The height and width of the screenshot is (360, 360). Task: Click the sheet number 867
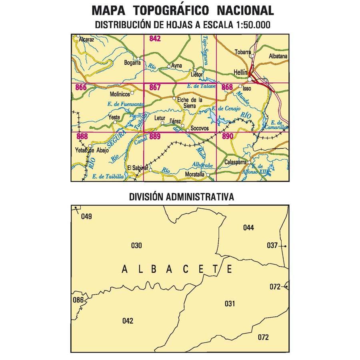(155, 87)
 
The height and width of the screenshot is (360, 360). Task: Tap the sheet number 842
(155, 39)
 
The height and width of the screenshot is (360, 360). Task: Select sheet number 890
(227, 136)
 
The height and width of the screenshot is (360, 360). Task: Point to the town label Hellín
(240, 73)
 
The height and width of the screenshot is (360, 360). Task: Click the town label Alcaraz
(86, 40)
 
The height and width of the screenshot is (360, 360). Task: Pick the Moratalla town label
(195, 175)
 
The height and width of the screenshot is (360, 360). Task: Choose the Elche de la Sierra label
(189, 103)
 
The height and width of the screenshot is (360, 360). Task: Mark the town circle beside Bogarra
(138, 59)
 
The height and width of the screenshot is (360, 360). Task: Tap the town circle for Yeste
(115, 122)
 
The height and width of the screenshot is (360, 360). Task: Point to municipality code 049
(86, 217)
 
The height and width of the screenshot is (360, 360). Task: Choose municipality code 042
(128, 320)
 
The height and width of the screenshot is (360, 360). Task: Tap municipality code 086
(78, 300)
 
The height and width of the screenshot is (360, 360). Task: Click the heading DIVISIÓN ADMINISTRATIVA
(181, 197)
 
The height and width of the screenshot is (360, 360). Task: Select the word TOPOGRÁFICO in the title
(183, 10)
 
